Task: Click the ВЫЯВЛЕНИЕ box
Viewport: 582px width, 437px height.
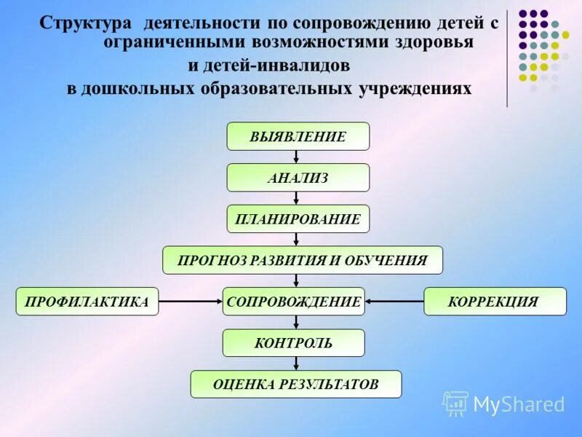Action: point(298,136)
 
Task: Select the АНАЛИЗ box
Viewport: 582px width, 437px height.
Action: point(298,178)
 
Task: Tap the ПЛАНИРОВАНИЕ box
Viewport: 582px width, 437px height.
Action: point(298,219)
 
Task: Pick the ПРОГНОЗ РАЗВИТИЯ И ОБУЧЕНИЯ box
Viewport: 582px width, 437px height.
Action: point(303,260)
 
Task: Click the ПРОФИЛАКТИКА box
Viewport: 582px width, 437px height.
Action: point(87,302)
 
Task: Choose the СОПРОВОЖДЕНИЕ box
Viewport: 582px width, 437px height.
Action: point(294,302)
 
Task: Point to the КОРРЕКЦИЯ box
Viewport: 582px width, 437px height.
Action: point(495,302)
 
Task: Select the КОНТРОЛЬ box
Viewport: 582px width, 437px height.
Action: point(294,343)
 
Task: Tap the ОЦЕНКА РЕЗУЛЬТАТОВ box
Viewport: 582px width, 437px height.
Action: point(296,384)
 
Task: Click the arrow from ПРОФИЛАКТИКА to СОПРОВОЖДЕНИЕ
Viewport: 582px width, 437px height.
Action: point(191,302)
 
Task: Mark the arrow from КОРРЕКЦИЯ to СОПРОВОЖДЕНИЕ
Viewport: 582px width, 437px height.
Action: point(394,302)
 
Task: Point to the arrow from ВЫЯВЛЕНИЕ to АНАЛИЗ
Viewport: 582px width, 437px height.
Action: point(296,157)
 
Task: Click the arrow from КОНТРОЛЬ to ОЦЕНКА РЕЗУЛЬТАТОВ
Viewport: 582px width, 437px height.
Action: point(296,363)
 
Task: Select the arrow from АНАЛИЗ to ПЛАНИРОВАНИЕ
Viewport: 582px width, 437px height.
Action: point(296,198)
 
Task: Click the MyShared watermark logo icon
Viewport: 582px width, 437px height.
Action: point(455,403)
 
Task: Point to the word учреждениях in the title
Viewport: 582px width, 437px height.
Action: point(415,89)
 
